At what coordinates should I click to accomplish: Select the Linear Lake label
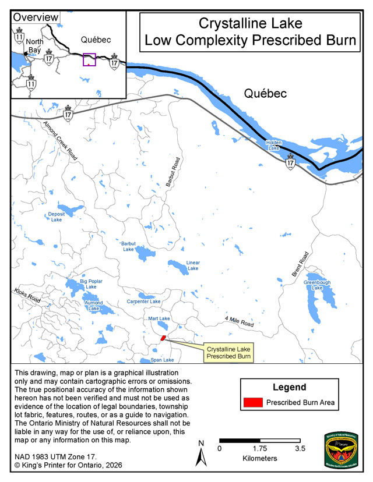193,265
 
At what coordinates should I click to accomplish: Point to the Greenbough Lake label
317,285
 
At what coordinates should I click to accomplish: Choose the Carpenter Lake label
143,302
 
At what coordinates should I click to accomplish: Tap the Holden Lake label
273,146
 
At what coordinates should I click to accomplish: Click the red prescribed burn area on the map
163,337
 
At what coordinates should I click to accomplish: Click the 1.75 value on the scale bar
260,449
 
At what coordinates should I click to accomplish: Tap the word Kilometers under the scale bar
260,459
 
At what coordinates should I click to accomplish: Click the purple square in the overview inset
89,60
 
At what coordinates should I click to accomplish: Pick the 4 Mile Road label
239,322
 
